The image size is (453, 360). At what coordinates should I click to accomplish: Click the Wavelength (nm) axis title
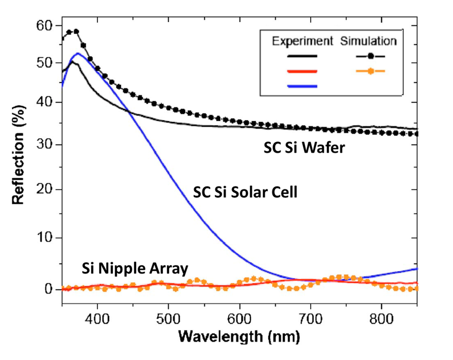239,337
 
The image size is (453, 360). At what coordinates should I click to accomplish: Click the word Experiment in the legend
302,41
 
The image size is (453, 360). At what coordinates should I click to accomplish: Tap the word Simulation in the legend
368,41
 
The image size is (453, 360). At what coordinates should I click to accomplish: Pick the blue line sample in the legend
302,86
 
